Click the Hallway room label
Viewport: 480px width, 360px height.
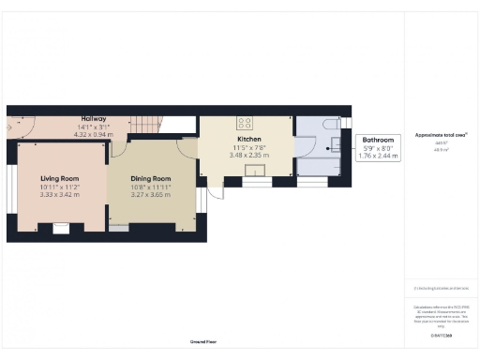(94, 119)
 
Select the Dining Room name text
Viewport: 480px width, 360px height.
(150, 178)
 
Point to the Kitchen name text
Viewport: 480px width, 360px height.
(235, 138)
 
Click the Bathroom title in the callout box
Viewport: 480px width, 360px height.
(379, 139)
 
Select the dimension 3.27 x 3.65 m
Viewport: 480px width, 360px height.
(150, 195)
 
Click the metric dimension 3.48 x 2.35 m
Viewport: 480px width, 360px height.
(235, 155)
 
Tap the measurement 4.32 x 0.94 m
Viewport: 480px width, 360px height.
(94, 135)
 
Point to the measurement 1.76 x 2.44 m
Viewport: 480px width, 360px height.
(379, 157)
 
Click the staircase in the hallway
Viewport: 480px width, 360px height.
(145, 124)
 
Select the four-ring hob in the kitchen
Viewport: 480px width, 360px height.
(246, 121)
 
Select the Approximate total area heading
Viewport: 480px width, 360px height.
(441, 135)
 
